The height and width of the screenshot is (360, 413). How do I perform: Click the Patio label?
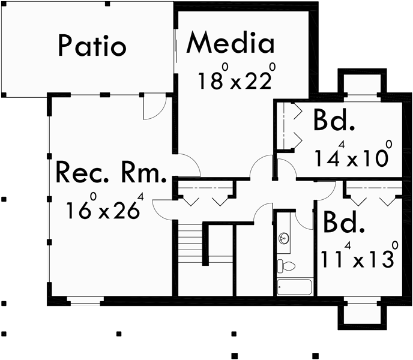(92, 46)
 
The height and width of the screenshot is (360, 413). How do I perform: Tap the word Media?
(231, 43)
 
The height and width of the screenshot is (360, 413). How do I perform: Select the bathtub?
(295, 287)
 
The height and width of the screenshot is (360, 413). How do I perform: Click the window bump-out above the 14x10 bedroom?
(361, 83)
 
